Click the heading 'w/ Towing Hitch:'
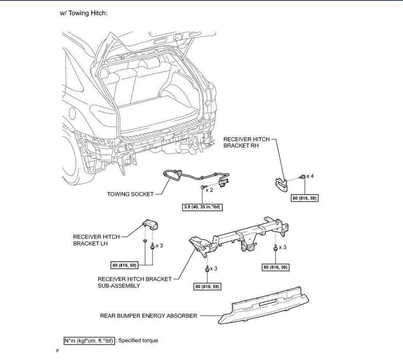point(84,13)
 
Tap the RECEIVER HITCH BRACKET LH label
point(96,240)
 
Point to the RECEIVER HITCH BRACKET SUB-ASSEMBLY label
point(135,282)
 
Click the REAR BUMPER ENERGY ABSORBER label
point(148,315)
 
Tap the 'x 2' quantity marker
point(210,190)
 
